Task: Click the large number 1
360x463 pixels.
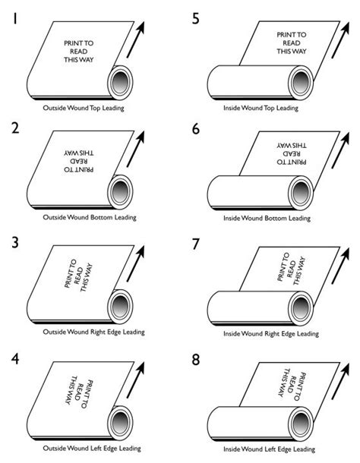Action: coord(14,18)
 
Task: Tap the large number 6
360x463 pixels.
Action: coord(196,129)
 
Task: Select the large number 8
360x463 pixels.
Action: coord(196,360)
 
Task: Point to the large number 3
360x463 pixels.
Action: coord(15,242)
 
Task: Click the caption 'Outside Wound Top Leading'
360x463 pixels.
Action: coord(84,108)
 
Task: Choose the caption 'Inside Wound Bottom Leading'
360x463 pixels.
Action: coord(267,219)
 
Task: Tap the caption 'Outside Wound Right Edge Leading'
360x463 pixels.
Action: coord(93,332)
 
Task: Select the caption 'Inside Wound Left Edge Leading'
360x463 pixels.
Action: coord(269,449)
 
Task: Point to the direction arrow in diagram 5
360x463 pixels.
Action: coord(340,39)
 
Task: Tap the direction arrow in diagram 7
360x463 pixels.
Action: coord(340,266)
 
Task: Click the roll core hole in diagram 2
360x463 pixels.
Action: coord(120,192)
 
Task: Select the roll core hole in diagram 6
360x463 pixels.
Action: coord(301,193)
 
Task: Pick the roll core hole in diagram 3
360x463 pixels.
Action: coord(120,307)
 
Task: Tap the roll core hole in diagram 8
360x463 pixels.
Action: coord(301,424)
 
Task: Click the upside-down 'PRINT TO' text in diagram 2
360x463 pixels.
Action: coord(79,169)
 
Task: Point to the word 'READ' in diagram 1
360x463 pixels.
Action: coord(79,52)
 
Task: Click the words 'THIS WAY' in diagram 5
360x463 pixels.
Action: coord(292,51)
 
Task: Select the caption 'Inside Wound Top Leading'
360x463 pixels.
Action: coord(261,108)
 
